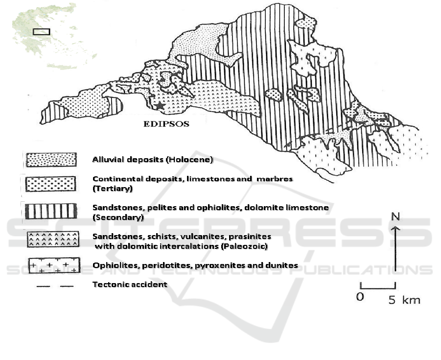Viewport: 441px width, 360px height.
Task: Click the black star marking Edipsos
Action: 160,106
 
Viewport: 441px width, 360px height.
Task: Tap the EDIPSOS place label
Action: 166,124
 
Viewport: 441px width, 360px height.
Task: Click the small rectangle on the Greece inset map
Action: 41,32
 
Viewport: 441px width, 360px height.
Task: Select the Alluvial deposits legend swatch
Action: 51,160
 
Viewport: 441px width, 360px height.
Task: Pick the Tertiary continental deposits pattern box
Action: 50,184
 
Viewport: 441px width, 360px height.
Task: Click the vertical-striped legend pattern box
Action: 51,211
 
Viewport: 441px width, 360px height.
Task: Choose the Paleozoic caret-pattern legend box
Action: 53,240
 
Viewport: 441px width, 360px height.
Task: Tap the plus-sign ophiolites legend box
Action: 54,265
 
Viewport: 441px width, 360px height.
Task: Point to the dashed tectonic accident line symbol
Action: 55,286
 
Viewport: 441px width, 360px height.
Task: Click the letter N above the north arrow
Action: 395,216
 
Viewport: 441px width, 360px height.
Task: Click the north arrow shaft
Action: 395,248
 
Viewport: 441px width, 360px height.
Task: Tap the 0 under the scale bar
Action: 360,297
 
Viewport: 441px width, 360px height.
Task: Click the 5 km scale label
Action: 404,300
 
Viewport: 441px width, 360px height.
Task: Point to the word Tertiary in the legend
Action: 113,188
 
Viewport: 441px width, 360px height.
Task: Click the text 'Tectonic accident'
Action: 130,284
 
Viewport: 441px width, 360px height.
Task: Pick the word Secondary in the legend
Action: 118,217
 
